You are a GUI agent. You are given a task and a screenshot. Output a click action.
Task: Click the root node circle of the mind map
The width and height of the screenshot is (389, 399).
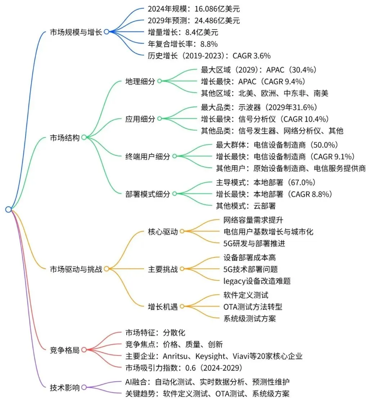pyautogui.click(x=9, y=209)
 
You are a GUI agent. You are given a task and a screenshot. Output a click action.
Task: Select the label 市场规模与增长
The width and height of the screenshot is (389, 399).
pyautogui.click(x=76, y=32)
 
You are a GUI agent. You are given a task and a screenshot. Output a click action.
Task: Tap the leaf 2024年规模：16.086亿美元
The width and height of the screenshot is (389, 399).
pyautogui.click(x=193, y=9)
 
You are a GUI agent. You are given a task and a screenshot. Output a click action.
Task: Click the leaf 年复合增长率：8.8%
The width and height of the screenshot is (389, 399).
pyautogui.click(x=183, y=44)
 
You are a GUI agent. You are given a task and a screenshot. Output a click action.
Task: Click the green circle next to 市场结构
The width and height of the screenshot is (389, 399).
pyautogui.click(x=84, y=137)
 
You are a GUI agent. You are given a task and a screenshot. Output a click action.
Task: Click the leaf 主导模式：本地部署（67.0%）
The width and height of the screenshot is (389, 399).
pyautogui.click(x=265, y=182)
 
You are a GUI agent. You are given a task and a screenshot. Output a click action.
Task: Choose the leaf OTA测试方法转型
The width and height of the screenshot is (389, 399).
pyautogui.click(x=253, y=307)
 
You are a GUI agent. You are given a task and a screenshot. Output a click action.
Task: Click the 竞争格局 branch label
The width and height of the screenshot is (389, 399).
pyautogui.click(x=64, y=350)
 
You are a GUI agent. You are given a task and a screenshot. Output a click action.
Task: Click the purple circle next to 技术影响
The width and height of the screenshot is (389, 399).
pyautogui.click(x=84, y=387)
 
